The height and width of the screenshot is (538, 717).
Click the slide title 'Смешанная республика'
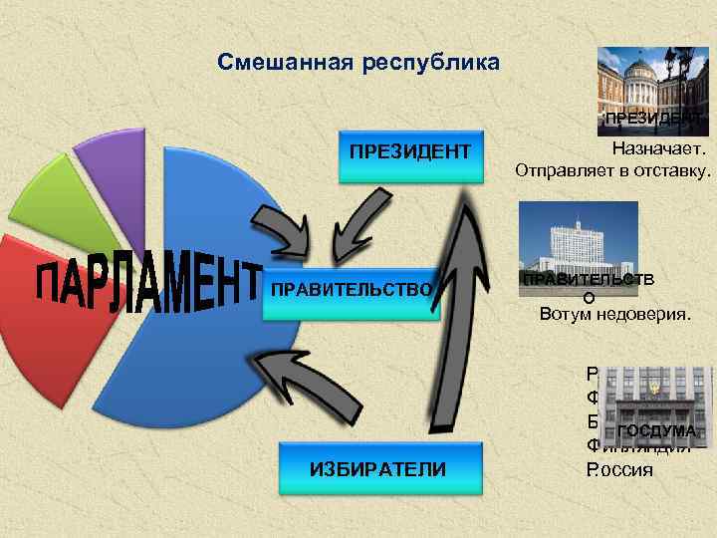pos(359,64)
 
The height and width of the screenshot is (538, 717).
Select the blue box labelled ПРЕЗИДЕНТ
pos(410,155)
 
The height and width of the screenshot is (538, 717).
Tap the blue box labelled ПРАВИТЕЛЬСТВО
pos(351,290)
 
